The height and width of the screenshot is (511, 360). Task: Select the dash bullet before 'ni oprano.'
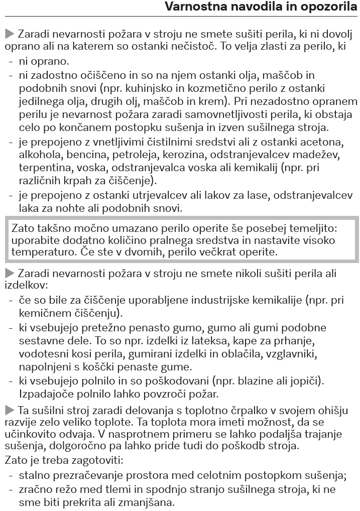(x=11, y=62)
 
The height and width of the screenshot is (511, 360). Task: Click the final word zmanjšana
(x=142, y=501)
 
